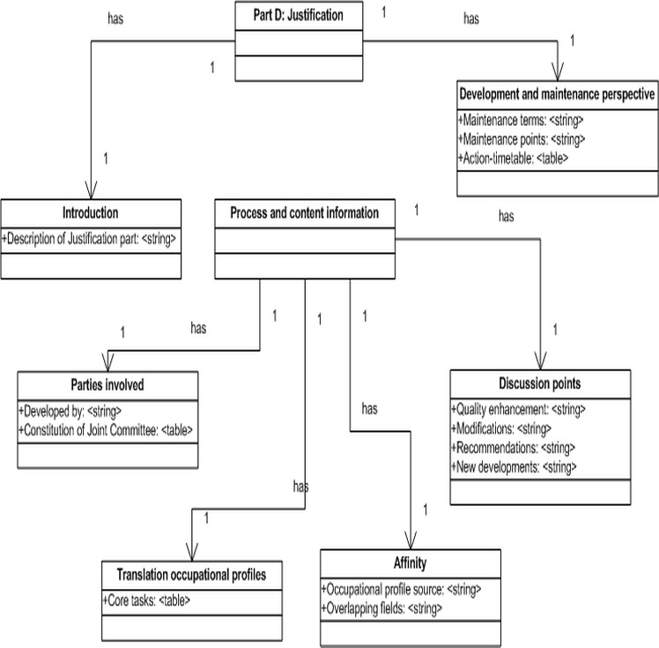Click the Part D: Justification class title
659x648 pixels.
click(x=298, y=16)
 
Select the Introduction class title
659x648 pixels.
click(x=91, y=212)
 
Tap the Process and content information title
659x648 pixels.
click(x=304, y=212)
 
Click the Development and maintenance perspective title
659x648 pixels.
click(x=557, y=94)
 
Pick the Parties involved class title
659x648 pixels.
click(x=107, y=384)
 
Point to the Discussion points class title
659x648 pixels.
click(x=540, y=384)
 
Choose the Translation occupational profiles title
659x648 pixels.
click(x=191, y=575)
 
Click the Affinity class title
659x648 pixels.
click(x=411, y=563)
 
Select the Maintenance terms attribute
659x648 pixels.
click(x=521, y=121)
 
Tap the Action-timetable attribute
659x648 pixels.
click(x=513, y=159)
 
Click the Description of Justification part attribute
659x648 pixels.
click(x=89, y=239)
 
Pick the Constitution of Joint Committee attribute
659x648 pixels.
click(x=106, y=430)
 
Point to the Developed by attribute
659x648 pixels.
click(x=70, y=411)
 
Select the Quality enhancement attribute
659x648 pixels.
click(x=518, y=410)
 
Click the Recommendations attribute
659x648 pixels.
click(x=513, y=448)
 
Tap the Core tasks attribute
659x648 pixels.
click(x=146, y=600)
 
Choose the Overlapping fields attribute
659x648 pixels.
click(x=381, y=608)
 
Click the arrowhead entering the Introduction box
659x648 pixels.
click(x=91, y=191)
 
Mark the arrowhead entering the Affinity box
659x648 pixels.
click(x=411, y=540)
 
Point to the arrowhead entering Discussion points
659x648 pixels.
click(x=540, y=361)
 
